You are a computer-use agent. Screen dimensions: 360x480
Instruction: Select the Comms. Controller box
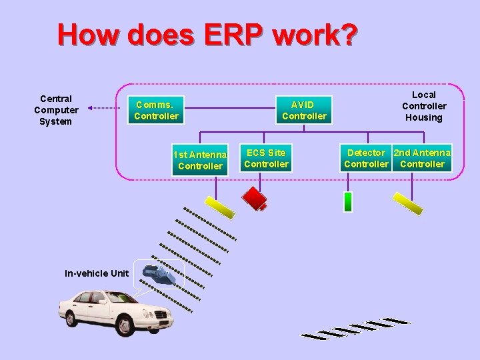[156, 110]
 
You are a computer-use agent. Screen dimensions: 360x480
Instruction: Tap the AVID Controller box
[304, 110]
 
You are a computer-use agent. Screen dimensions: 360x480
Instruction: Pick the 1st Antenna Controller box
[200, 160]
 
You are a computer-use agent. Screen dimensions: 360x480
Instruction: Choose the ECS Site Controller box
[266, 159]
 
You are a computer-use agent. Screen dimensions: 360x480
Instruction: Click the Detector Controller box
[366, 159]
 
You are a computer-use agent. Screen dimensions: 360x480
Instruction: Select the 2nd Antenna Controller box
[422, 159]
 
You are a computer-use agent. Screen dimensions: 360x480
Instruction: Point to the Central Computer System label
[56, 110]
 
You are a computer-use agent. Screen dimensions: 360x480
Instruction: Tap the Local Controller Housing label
[424, 106]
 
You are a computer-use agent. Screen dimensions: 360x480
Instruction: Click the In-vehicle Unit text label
[97, 273]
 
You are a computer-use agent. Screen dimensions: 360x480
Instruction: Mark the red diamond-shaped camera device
[255, 197]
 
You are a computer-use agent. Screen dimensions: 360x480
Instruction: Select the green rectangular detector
[347, 201]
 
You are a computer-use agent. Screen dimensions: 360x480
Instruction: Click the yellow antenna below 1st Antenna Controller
[219, 206]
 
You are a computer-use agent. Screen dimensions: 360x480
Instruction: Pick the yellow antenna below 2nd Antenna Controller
[408, 204]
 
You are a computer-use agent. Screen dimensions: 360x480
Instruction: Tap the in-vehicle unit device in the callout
[160, 273]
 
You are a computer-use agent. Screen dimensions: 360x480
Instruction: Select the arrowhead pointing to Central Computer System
[90, 107]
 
